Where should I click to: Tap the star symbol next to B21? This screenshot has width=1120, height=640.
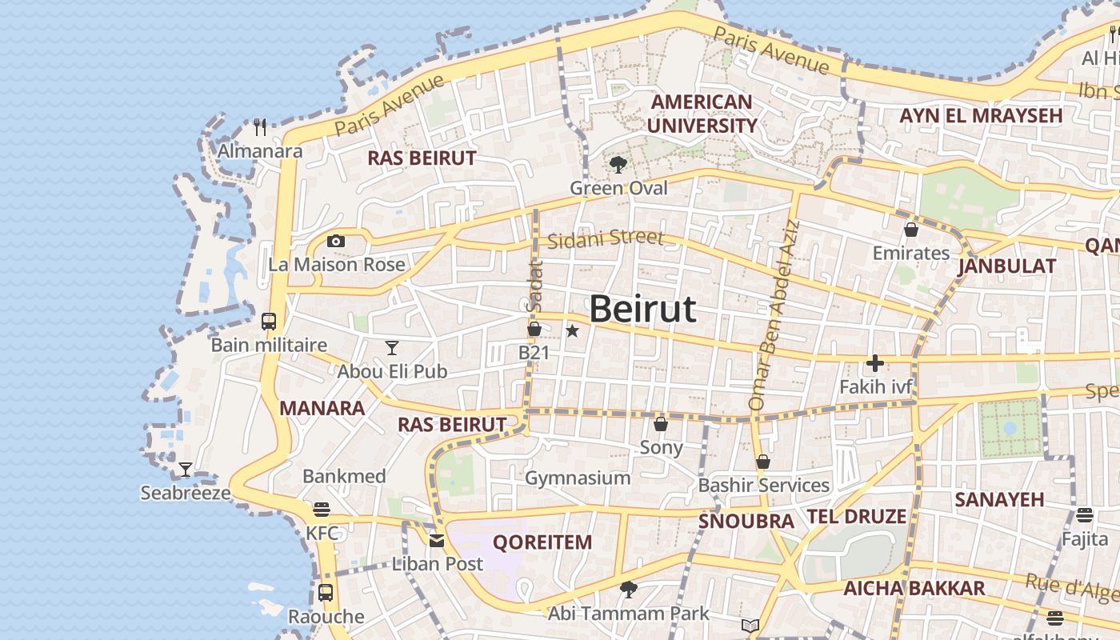[572, 330]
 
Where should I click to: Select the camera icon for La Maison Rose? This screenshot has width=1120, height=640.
[336, 241]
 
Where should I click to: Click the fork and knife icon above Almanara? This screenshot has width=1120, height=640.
[260, 127]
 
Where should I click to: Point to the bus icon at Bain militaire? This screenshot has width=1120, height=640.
[269, 322]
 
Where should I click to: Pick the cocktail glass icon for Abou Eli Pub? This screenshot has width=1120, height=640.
[392, 347]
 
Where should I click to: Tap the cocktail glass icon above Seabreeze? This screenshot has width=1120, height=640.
[186, 470]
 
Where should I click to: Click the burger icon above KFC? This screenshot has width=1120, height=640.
[322, 510]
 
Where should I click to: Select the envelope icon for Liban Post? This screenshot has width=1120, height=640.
[437, 540]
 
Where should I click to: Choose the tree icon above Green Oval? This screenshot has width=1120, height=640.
[618, 165]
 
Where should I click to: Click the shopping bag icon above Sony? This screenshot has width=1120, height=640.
[661, 423]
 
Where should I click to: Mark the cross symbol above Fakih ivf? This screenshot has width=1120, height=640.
[875, 364]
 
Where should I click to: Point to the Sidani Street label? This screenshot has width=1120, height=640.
[606, 238]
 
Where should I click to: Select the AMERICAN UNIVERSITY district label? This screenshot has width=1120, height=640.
[702, 114]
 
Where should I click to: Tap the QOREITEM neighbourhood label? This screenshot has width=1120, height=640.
[542, 542]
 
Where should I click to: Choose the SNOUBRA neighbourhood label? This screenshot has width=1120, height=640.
[746, 522]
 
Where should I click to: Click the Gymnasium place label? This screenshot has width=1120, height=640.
[578, 478]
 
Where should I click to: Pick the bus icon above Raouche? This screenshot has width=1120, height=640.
[326, 593]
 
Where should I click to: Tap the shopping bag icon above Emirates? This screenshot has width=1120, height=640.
[910, 230]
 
